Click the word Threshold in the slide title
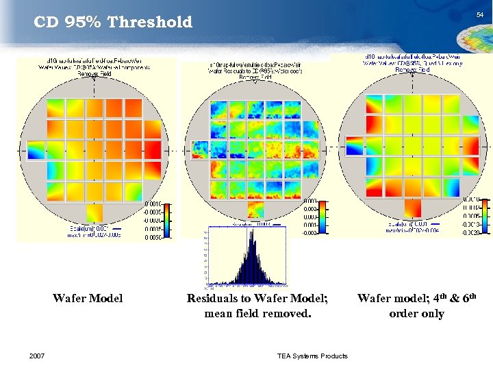point(151,22)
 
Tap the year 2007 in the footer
point(38,355)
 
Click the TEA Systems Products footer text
point(312,355)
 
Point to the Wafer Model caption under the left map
point(88,298)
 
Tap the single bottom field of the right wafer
point(413,208)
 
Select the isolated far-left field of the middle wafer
point(200,150)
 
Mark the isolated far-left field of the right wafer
point(355,146)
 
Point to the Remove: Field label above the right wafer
point(413,70)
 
